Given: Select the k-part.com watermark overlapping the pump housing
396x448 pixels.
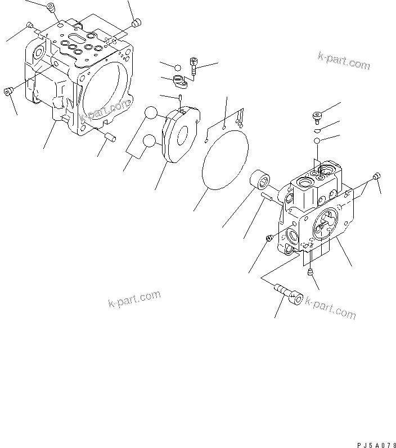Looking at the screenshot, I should click(x=105, y=110).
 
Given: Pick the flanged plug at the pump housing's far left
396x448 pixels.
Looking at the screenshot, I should click(x=8, y=91).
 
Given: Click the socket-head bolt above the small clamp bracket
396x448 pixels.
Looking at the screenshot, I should click(x=194, y=66).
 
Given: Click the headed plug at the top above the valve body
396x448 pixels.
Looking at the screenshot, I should click(x=317, y=116).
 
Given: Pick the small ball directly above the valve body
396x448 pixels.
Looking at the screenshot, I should click(x=317, y=141).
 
